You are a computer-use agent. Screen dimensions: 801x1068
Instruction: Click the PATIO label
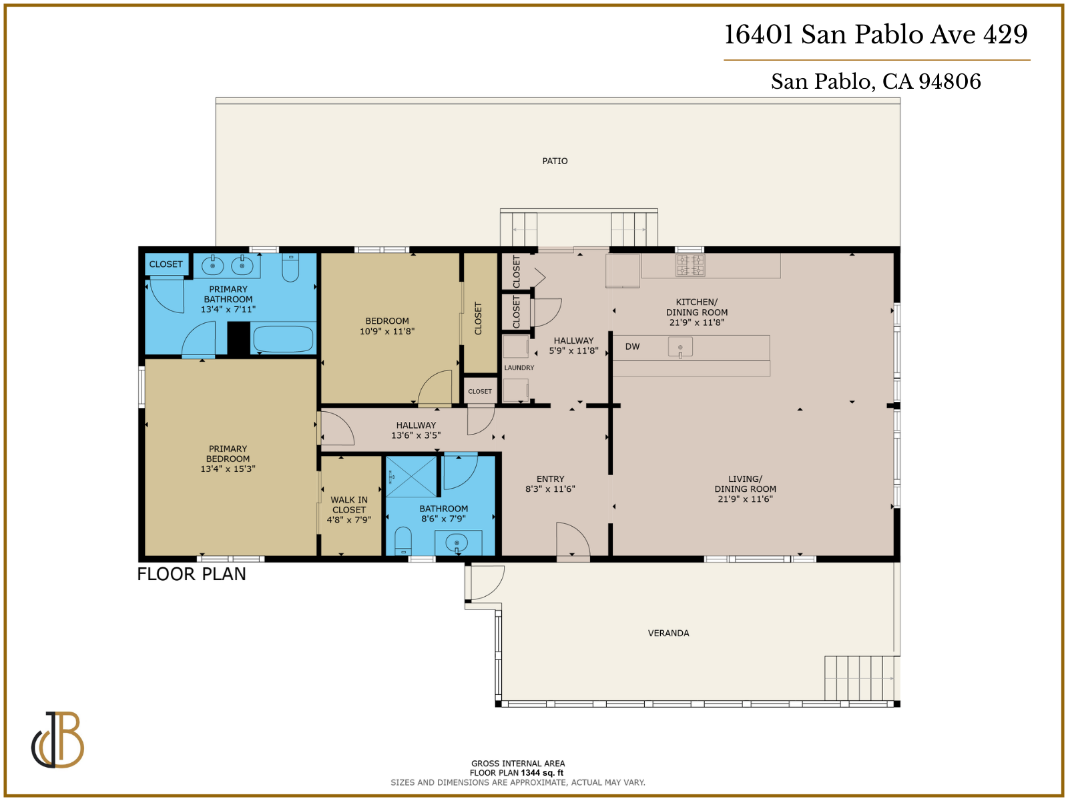[555, 161]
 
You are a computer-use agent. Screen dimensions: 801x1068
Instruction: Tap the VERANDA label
[668, 633]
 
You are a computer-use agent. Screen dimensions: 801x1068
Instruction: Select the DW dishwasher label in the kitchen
[632, 346]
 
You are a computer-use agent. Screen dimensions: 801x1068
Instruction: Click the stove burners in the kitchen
[690, 265]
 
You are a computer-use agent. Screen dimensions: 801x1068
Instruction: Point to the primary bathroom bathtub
[283, 339]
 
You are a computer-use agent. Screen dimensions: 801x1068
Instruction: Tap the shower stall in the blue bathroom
[411, 477]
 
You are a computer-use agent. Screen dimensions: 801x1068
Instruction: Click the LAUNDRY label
[519, 368]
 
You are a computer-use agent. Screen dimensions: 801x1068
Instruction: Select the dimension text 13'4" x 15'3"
[228, 469]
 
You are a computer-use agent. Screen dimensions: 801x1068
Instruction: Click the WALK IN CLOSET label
[349, 509]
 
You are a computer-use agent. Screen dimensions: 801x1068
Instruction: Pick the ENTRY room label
[550, 479]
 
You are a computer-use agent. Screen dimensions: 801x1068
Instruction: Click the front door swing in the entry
[572, 539]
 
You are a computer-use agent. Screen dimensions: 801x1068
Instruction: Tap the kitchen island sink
[680, 347]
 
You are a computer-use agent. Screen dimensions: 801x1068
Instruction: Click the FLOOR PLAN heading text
[192, 574]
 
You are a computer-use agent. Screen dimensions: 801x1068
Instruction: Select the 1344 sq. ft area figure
[542, 773]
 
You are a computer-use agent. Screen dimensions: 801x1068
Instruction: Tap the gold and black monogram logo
[58, 740]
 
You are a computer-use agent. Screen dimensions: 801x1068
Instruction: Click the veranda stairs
[860, 678]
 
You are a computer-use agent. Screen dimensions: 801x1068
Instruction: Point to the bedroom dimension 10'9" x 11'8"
[387, 331]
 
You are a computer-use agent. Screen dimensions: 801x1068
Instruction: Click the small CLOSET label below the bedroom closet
[479, 392]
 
